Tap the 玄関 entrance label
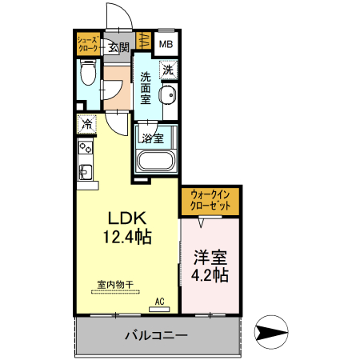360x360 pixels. [119, 47]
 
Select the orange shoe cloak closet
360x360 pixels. [89, 45]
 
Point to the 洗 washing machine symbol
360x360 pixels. [167, 70]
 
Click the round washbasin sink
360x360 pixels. [167, 98]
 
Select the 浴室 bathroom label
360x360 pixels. [153, 138]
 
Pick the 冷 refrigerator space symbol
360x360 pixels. [86, 124]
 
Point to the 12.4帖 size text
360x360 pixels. [126, 237]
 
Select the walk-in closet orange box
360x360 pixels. [210, 200]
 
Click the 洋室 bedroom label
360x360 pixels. [211, 258]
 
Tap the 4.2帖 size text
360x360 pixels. [211, 275]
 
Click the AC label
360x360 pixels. [160, 301]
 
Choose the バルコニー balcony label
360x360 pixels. [156, 335]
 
